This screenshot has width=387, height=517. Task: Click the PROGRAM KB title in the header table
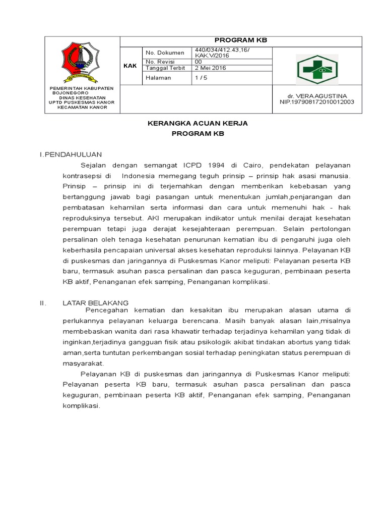tap(240, 41)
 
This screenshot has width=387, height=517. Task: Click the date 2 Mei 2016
tap(210, 68)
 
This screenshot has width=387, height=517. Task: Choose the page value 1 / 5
tap(201, 78)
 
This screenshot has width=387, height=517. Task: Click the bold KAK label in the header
tap(130, 66)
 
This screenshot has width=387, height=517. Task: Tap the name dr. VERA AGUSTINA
tap(317, 95)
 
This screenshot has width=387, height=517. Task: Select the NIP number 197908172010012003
tap(317, 101)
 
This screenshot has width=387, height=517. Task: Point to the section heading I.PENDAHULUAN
tap(71, 154)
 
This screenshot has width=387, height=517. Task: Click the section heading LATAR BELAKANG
tap(95, 302)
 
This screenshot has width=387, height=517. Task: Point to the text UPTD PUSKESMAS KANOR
tap(81, 102)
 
